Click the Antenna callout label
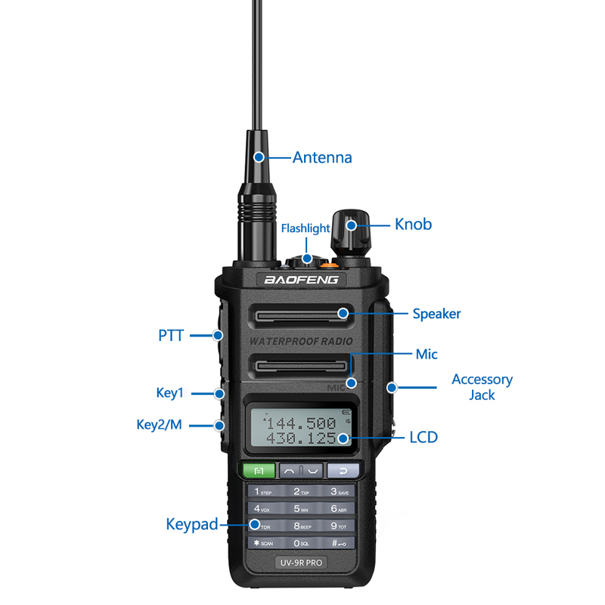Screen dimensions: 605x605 (x=322, y=157)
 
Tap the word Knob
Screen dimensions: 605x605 (x=413, y=224)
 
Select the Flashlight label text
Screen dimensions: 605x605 (x=306, y=228)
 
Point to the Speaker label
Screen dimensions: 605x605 (x=436, y=313)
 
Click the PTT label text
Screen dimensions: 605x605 (x=171, y=335)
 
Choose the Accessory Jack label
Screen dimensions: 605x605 (x=482, y=386)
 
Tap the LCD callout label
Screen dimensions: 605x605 (x=423, y=437)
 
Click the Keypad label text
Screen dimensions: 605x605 (x=192, y=524)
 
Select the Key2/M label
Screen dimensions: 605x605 (x=159, y=424)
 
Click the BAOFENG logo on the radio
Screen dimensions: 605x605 (x=305, y=280)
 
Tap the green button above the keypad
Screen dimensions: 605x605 (x=259, y=470)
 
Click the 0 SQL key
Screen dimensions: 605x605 (x=301, y=543)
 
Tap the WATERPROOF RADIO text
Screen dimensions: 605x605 (x=301, y=341)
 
